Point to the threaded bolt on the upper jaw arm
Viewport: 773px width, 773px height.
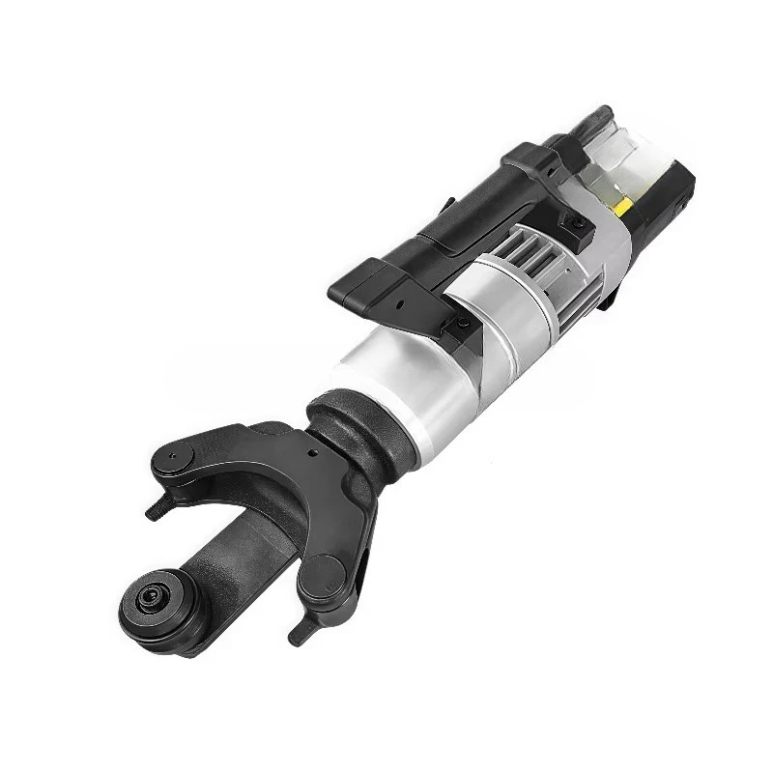tap(155, 513)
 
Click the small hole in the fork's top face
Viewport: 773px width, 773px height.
tap(311, 450)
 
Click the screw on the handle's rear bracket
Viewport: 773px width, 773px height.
tap(577, 223)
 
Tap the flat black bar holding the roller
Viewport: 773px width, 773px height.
tap(232, 560)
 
